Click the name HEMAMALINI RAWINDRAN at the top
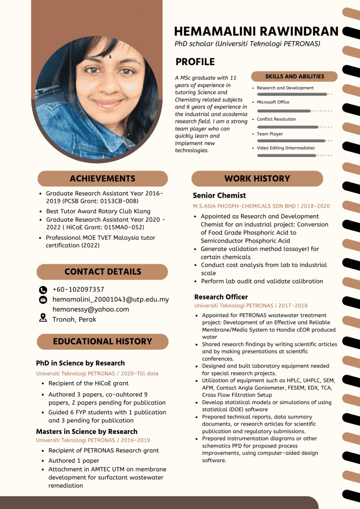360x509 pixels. [256, 31]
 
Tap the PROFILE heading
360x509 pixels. [195, 62]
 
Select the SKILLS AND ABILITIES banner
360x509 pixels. [294, 77]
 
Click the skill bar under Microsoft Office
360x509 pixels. [284, 111]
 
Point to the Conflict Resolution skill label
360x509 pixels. [276, 119]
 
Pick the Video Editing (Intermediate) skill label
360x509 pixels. [285, 148]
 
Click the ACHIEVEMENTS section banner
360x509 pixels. [102, 178]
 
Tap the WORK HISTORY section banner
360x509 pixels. [257, 178]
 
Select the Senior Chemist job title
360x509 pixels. [219, 195]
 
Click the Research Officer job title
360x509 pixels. [221, 297]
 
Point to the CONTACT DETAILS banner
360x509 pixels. [102, 271]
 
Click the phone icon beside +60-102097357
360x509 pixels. [43, 290]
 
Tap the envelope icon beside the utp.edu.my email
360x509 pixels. [43, 300]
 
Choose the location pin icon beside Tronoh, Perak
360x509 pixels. [43, 319]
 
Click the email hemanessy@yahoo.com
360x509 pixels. [90, 309]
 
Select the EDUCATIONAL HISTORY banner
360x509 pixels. [102, 341]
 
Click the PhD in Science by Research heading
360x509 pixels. [80, 363]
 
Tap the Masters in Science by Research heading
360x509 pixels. [87, 431]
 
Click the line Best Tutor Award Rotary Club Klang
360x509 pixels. [98, 211]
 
